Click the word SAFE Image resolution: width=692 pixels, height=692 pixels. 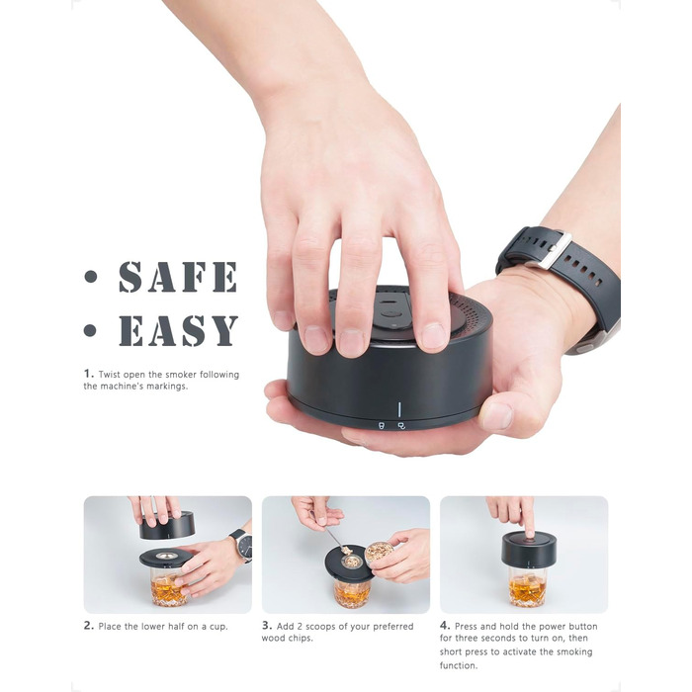point(178,277)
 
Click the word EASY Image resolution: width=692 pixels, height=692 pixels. point(179,330)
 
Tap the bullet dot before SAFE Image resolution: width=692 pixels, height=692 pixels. point(91,277)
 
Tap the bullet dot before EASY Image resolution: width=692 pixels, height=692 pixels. point(90,330)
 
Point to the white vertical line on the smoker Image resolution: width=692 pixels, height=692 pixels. point(399,409)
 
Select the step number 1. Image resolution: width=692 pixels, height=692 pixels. point(89,374)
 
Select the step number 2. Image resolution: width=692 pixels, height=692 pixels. point(89,626)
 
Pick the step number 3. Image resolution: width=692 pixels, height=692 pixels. point(267,626)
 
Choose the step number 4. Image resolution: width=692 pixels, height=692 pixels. point(445,626)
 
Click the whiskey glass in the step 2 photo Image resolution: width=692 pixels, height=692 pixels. point(168,586)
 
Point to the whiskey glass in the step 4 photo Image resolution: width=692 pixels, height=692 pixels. point(527,587)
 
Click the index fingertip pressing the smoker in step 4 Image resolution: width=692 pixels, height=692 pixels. point(529,533)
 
